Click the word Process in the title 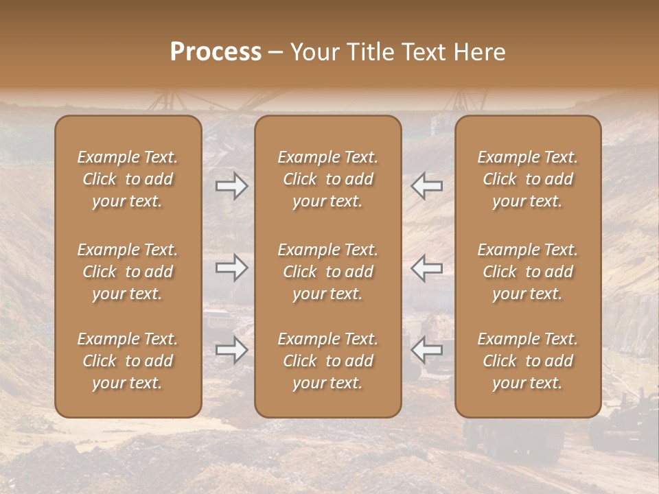tap(216, 52)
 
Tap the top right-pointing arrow tap(231, 186)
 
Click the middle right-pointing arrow tap(231, 268)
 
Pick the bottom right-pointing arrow tap(231, 350)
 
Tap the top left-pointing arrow tap(427, 186)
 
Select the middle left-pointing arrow tap(427, 268)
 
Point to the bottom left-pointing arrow tap(427, 350)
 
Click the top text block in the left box tap(128, 179)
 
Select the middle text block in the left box tap(128, 272)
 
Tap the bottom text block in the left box tap(128, 361)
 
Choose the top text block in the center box tap(327, 179)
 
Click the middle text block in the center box tap(327, 272)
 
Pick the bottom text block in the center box tap(327, 361)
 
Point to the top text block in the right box tap(528, 179)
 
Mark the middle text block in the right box tap(528, 272)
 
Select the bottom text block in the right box tap(528, 361)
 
